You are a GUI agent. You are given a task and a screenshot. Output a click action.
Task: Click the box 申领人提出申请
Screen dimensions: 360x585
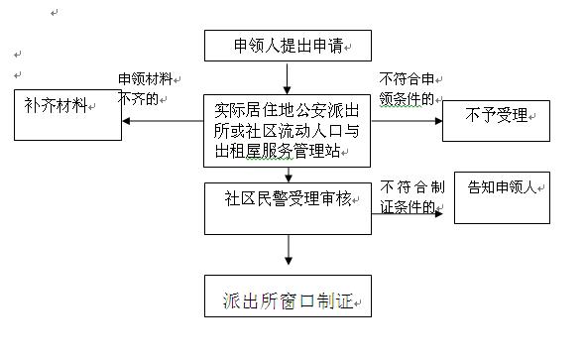(286, 45)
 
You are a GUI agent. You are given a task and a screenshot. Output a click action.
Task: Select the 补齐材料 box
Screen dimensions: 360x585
(65, 115)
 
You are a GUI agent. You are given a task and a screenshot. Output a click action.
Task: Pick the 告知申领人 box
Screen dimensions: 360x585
(501, 196)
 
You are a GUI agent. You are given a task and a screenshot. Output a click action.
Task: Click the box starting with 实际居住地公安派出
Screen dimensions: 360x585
(287, 128)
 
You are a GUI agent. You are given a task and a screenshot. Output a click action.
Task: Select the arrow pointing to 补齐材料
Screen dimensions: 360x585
(164, 122)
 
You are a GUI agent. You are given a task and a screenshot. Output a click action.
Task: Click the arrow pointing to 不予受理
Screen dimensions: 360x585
(407, 122)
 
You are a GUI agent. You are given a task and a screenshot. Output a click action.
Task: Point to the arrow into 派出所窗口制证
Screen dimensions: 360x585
(287, 253)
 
